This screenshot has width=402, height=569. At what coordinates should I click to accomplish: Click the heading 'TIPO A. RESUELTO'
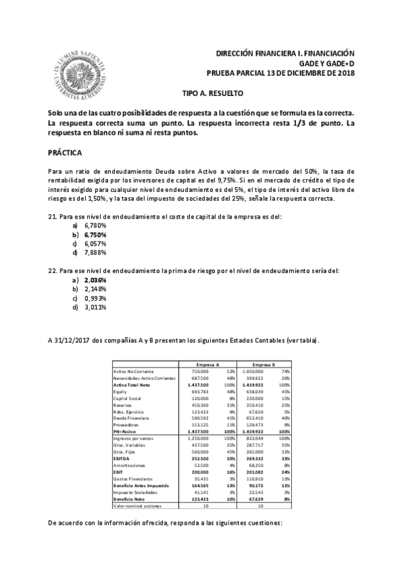click(213, 94)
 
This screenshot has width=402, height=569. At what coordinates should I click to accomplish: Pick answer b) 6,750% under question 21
click(95, 235)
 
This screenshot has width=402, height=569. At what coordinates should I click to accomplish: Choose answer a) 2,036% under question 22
click(95, 280)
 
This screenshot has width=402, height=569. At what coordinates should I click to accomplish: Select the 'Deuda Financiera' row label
click(129, 417)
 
